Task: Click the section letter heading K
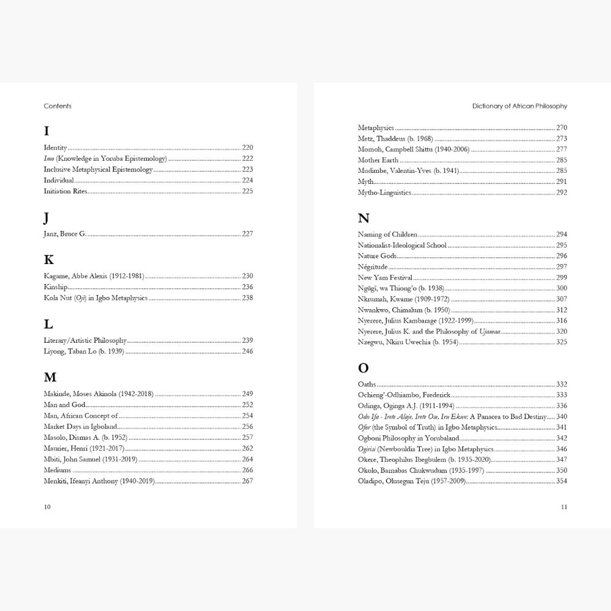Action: point(49,260)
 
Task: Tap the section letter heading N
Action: point(364,218)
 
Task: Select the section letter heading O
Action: point(364,368)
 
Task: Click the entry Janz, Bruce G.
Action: point(65,234)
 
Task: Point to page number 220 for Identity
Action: point(247,148)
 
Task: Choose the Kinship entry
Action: point(56,287)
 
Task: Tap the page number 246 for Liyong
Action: point(247,351)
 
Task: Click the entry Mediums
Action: point(57,470)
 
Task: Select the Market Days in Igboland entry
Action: point(81,426)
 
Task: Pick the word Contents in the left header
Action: point(57,106)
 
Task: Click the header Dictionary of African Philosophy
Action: point(519,106)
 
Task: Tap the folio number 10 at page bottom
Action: point(48,507)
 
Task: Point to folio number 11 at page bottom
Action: point(564,507)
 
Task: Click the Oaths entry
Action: point(367,384)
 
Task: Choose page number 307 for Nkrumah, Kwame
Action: point(562,299)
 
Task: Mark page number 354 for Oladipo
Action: point(562,481)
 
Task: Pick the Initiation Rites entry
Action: point(65,192)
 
